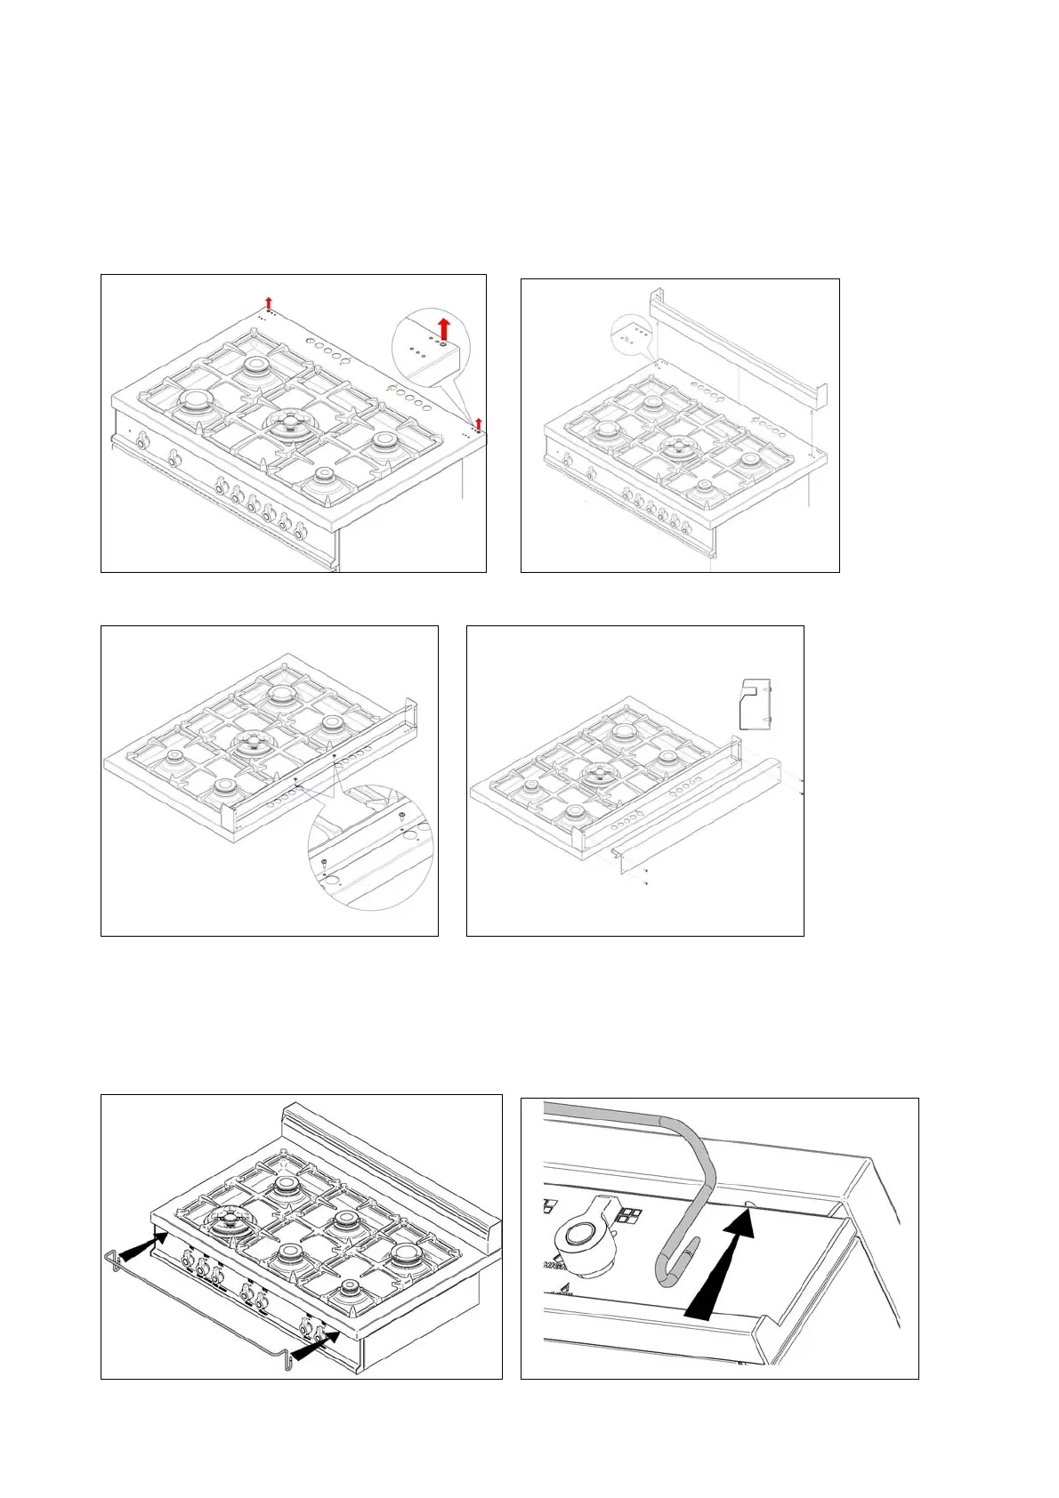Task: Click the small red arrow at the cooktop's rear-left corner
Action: pos(269,303)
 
